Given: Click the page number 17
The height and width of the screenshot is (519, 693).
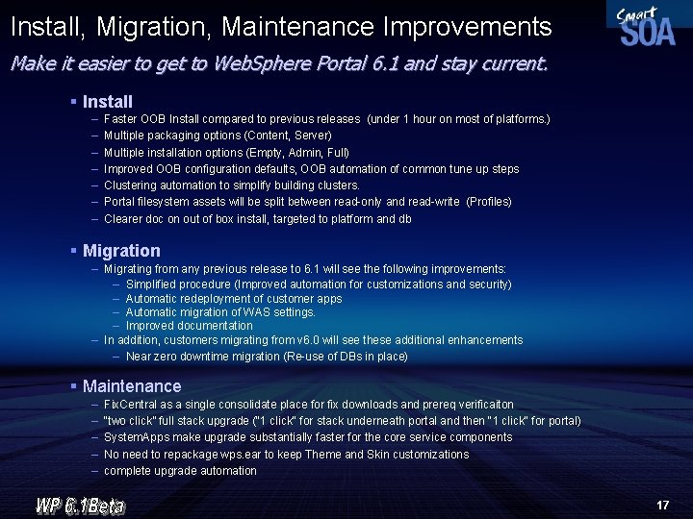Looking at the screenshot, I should [x=662, y=505].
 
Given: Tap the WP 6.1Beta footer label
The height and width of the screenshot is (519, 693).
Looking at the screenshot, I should [x=81, y=504].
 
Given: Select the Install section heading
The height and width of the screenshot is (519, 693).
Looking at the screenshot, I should [x=108, y=101].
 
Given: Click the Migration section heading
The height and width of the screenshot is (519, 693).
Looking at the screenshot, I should [x=121, y=251].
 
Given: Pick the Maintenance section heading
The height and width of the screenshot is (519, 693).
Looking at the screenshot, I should [x=132, y=386].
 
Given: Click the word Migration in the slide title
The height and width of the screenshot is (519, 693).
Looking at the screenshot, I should [x=151, y=27].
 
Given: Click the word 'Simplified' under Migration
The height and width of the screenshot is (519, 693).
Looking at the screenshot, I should [x=152, y=284].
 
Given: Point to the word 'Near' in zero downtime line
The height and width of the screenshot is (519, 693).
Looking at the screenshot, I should [x=139, y=357].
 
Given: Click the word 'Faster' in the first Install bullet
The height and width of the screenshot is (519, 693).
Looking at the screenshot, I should [x=120, y=119].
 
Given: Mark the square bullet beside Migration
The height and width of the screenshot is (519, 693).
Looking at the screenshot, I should [x=73, y=250].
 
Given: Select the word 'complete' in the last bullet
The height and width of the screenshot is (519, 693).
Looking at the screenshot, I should [x=126, y=471].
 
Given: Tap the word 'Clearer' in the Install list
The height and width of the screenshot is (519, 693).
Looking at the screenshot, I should [x=123, y=219].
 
